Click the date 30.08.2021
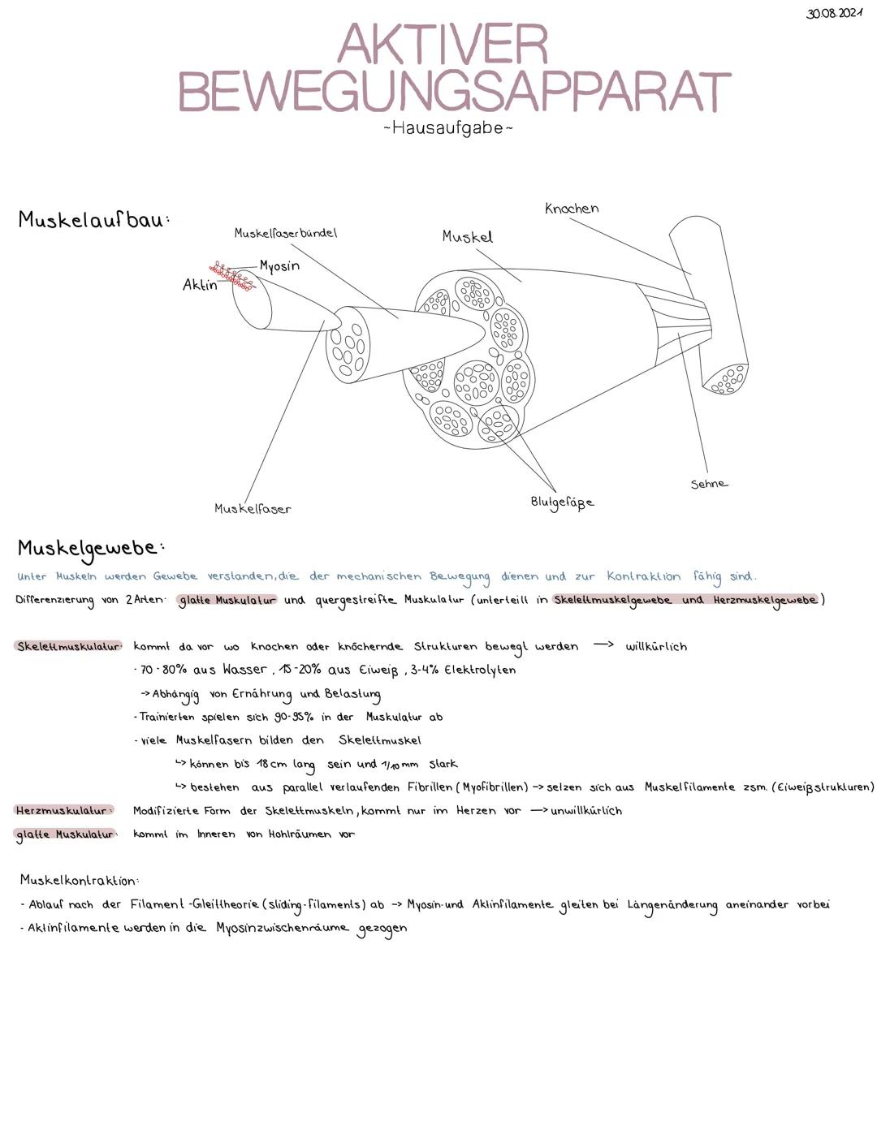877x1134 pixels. (834, 13)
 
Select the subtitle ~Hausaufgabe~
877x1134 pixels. (447, 128)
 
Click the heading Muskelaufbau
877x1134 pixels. (93, 220)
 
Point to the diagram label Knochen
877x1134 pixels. (572, 209)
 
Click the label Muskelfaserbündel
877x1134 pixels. (285, 233)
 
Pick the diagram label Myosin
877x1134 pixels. (279, 266)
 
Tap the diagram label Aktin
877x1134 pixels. (200, 285)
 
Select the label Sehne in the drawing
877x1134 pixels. (709, 484)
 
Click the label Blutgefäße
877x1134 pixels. (562, 502)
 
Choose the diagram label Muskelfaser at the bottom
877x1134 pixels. (253, 509)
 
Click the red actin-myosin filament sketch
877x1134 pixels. (232, 276)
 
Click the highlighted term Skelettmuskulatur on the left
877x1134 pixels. (68, 646)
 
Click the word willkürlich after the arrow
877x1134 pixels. (656, 647)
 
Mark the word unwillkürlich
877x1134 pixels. (586, 811)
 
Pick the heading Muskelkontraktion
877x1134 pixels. (80, 880)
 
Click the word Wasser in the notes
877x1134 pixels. (244, 670)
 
